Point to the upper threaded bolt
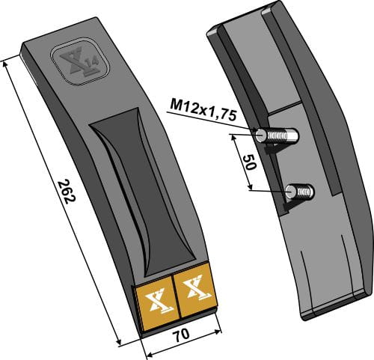pyautogui.click(x=278, y=136)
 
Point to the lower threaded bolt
pyautogui.click(x=301, y=192)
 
